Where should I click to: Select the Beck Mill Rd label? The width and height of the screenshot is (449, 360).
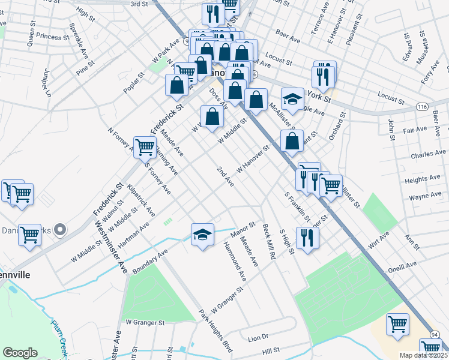(x=268, y=241)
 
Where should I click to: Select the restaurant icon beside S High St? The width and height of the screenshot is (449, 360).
(x=307, y=238)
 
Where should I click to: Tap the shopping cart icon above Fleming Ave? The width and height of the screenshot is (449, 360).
(x=145, y=146)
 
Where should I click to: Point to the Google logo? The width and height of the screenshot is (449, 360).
(x=20, y=353)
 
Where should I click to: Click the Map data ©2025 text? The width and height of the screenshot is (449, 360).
(x=424, y=355)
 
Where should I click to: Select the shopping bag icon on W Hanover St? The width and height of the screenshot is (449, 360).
(x=292, y=141)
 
